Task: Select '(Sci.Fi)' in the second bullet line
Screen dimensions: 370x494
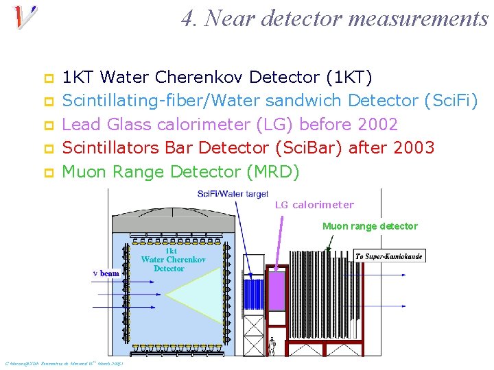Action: [x=451, y=101]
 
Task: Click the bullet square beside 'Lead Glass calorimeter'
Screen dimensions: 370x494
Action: [x=49, y=125]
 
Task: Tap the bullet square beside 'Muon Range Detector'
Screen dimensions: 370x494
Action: [x=49, y=173]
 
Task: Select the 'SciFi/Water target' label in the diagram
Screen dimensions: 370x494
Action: [x=233, y=194]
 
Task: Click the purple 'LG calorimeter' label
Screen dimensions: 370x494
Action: [x=314, y=204]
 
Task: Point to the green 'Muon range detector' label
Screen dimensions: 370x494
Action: [x=370, y=226]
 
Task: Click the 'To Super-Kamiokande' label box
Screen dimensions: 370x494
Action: [x=389, y=256]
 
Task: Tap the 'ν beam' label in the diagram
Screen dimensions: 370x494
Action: [x=106, y=273]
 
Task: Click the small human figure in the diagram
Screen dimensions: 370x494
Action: [x=272, y=348]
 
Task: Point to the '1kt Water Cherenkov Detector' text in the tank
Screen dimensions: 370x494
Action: [x=173, y=260]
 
